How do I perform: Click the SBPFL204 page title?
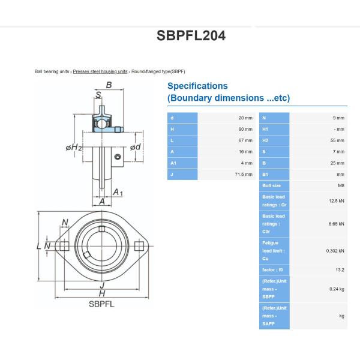tap(191, 35)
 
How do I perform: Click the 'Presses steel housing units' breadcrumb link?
tap(100, 71)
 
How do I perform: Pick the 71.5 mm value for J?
tap(244, 174)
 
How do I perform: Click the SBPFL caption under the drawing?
tap(101, 304)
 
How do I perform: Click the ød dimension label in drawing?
tap(136, 147)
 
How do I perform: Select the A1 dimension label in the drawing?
tap(118, 192)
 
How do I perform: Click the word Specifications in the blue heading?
tap(197, 86)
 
